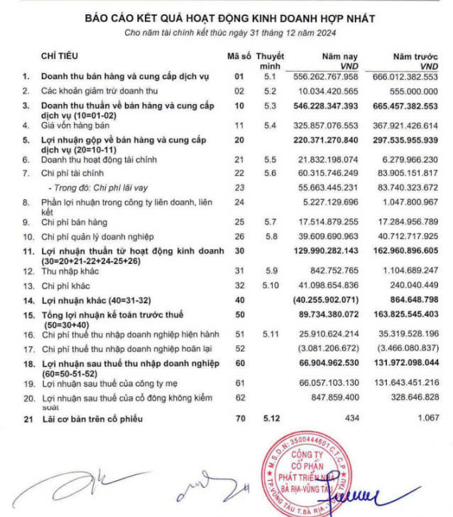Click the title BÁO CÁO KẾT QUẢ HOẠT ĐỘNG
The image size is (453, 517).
[x=229, y=18]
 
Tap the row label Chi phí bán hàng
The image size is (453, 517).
[x=74, y=223]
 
